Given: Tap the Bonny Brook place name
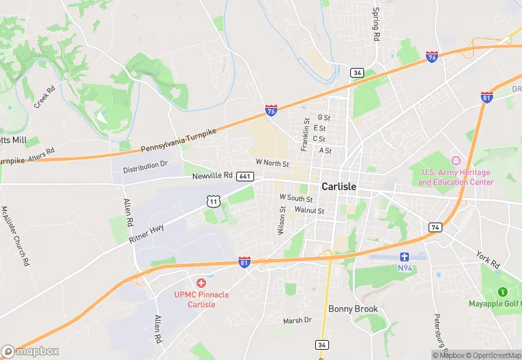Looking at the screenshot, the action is pyautogui.click(x=353, y=309).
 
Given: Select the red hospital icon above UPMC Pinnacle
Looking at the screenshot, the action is pyautogui.click(x=201, y=283).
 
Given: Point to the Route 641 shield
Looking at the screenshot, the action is pyautogui.click(x=246, y=177).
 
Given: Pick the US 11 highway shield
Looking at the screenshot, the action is pyautogui.click(x=214, y=201).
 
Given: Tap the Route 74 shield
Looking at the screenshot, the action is pyautogui.click(x=435, y=227).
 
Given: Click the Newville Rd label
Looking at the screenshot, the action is pyautogui.click(x=212, y=177).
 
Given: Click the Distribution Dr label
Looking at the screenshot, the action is pyautogui.click(x=146, y=167).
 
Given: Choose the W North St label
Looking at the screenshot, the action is pyautogui.click(x=272, y=163).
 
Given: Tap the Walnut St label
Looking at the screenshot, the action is pyautogui.click(x=309, y=210).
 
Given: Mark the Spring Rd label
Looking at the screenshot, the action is pyautogui.click(x=376, y=25).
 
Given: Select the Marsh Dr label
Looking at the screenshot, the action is pyautogui.click(x=297, y=320).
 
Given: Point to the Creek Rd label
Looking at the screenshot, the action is pyautogui.click(x=46, y=98).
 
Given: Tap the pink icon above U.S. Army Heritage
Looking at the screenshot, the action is pyautogui.click(x=455, y=161).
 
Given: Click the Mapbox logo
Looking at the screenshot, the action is pyautogui.click(x=30, y=351).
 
